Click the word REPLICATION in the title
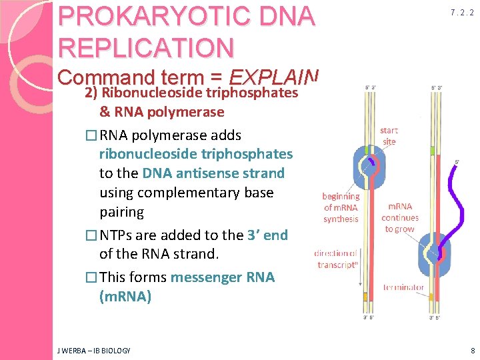(146, 47)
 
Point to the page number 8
(473, 350)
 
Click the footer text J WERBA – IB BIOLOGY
(94, 351)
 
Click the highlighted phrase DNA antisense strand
(213, 173)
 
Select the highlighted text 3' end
(267, 235)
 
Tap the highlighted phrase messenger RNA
(223, 277)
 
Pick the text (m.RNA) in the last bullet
(125, 297)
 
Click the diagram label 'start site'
(389, 136)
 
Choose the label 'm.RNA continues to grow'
(400, 218)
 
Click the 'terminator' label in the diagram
(403, 287)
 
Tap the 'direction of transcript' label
(337, 258)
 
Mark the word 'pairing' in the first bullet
(121, 212)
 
